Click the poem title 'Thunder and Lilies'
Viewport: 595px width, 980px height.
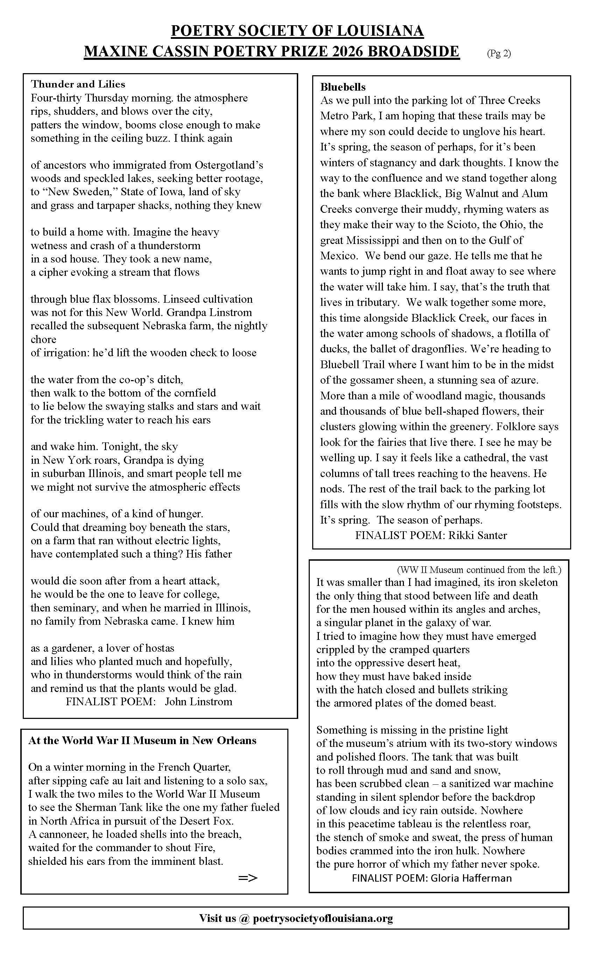point(78,84)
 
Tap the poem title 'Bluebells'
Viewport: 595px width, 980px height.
point(343,87)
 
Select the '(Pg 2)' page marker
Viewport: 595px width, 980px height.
point(499,53)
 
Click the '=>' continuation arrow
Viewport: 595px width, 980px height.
point(248,878)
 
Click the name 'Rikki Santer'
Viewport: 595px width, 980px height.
point(478,535)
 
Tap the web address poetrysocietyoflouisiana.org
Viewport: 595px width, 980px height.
point(323,918)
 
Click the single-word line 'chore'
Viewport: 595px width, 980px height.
point(43,339)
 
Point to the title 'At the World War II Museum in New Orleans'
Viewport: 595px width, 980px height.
point(142,740)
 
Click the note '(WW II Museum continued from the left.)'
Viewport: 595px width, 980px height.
point(479,569)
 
